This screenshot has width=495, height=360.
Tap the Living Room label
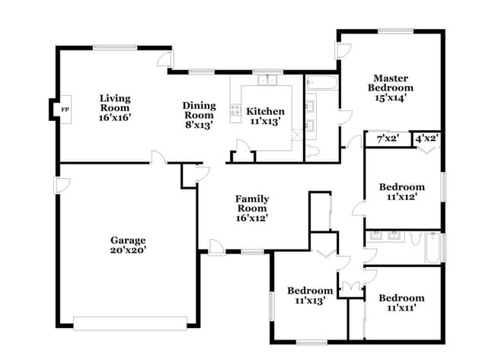click(116, 104)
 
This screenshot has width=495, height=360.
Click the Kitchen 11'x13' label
click(266, 116)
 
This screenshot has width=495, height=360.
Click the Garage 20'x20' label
click(127, 244)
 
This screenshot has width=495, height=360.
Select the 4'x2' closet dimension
click(426, 139)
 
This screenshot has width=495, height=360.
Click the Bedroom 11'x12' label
click(402, 192)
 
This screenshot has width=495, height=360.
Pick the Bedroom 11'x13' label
click(309, 295)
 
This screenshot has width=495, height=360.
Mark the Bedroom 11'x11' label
click(401, 302)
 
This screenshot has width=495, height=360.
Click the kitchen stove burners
click(235, 113)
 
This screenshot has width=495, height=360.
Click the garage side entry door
click(62, 184)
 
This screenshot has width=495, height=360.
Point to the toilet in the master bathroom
click(313, 153)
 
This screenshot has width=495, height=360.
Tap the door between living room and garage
click(158, 158)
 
